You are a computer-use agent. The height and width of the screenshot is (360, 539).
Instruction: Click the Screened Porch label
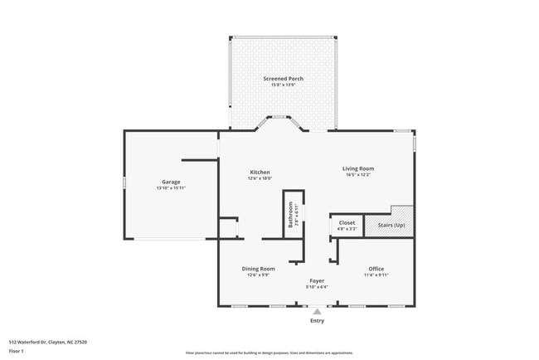click(284, 79)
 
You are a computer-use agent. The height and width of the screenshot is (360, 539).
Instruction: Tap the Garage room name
click(171, 182)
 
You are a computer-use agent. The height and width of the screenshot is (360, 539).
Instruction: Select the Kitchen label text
click(259, 172)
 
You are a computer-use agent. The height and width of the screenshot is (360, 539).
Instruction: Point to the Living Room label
click(358, 168)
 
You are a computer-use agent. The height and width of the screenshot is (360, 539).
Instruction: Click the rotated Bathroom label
click(291, 215)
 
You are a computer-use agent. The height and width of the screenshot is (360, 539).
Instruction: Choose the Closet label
click(347, 222)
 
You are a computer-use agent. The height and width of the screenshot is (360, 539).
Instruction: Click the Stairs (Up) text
click(391, 225)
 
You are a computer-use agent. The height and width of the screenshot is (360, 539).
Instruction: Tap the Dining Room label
click(258, 268)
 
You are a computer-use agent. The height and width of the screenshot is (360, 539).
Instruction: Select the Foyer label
click(317, 281)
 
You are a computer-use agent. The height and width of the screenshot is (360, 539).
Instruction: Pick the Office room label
click(376, 268)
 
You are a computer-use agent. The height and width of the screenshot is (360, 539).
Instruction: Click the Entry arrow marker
click(317, 312)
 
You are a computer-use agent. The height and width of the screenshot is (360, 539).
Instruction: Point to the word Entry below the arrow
click(317, 320)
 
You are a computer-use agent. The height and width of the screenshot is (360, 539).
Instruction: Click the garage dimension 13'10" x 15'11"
click(171, 188)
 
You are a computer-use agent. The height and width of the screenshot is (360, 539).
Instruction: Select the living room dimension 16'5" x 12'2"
click(358, 175)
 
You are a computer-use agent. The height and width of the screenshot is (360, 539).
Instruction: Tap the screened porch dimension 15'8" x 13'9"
click(284, 85)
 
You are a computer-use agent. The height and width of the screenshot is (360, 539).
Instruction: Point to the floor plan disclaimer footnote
click(269, 352)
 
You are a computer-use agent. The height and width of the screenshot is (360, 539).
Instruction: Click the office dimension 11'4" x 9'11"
click(376, 275)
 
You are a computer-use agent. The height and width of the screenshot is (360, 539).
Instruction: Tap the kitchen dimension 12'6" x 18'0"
click(259, 178)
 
